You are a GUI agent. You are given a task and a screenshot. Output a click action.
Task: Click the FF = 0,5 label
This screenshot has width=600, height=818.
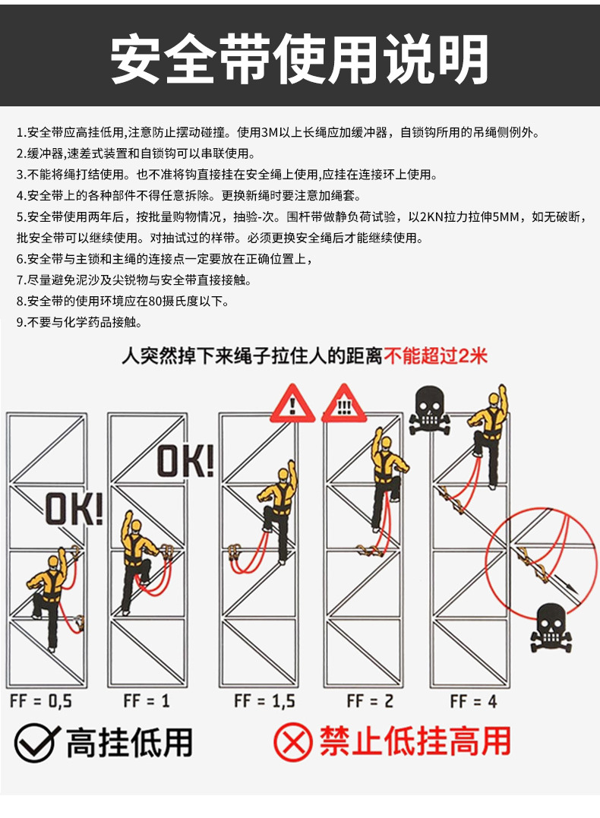point(41,700)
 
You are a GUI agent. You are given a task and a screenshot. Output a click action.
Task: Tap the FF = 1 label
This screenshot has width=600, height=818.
point(147,700)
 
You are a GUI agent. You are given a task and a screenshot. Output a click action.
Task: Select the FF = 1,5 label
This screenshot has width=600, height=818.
point(264,700)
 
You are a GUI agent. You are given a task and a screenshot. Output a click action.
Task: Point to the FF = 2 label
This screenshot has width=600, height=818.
point(370,700)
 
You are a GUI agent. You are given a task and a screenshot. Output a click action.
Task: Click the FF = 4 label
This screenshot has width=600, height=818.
point(474,700)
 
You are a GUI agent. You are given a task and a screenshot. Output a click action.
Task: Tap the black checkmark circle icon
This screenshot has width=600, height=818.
point(36,742)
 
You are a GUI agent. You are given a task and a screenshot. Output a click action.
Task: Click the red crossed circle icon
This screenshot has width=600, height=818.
point(292,742)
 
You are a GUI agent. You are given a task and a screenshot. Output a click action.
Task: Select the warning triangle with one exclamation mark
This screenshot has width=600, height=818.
point(292,404)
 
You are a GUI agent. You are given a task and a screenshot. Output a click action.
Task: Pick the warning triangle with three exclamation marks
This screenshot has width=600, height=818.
point(344,404)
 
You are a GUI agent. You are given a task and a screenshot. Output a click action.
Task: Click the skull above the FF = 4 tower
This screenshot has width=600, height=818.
point(429,410)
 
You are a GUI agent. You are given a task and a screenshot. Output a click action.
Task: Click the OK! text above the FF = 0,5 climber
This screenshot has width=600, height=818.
point(74,509)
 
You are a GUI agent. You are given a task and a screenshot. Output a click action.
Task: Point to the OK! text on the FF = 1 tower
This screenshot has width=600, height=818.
point(186,460)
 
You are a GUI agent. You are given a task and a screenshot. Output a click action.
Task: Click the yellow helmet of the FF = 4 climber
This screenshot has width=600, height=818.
point(494,399)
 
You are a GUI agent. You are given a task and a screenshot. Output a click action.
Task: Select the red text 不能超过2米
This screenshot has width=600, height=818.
point(435,355)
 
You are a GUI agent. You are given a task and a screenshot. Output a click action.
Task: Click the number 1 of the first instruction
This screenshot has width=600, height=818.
point(19,132)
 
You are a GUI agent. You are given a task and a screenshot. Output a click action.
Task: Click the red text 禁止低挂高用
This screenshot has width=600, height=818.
point(415,741)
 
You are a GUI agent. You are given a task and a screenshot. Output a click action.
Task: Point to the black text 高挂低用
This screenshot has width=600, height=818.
point(129,742)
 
